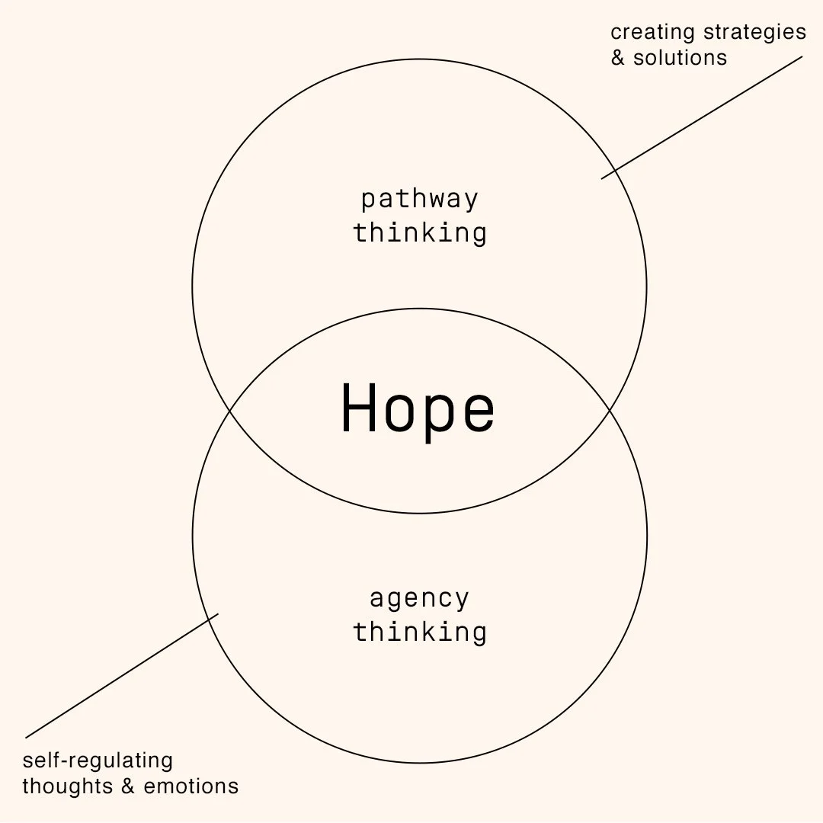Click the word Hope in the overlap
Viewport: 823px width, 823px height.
click(x=418, y=410)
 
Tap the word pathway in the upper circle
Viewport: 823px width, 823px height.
click(x=420, y=200)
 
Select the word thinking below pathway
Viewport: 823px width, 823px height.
click(x=420, y=233)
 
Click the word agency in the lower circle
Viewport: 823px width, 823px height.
click(x=420, y=599)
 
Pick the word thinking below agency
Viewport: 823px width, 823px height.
click(x=420, y=632)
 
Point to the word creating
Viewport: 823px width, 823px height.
click(x=652, y=33)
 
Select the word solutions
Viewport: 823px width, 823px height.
click(x=680, y=58)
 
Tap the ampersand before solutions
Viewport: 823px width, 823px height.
click(x=618, y=58)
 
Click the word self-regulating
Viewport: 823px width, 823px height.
click(x=98, y=761)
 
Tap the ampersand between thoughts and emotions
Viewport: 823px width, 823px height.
click(x=126, y=786)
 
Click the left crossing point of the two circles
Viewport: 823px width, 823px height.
click(x=230, y=411)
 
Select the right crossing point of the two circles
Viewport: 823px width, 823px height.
click(x=609, y=411)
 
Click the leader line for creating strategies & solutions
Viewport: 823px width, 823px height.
click(x=701, y=117)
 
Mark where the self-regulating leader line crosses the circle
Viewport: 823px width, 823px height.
click(x=209, y=620)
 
